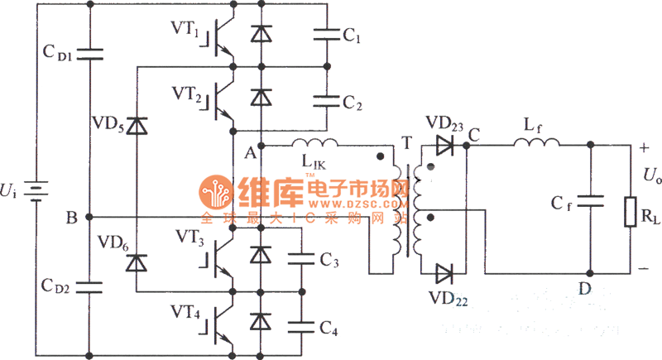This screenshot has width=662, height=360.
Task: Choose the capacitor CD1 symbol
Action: (89, 55)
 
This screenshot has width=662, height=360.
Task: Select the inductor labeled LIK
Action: (314, 144)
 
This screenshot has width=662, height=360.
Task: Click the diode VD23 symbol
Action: (444, 145)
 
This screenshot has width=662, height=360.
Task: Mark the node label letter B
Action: (72, 218)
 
